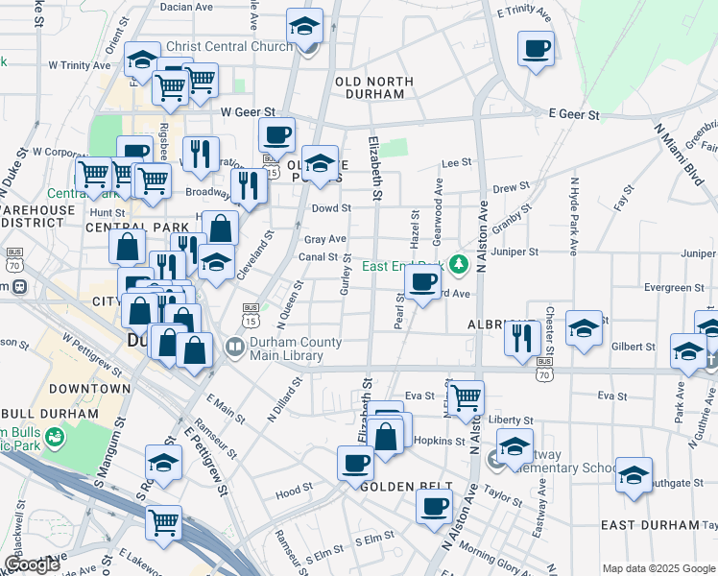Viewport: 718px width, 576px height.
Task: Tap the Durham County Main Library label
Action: pyautogui.click(x=295, y=349)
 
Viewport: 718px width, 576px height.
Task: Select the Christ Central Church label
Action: pyautogui.click(x=229, y=46)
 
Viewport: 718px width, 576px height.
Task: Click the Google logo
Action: pyautogui.click(x=33, y=564)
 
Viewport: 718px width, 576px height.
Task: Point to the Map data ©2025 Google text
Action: pyautogui.click(x=658, y=568)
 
